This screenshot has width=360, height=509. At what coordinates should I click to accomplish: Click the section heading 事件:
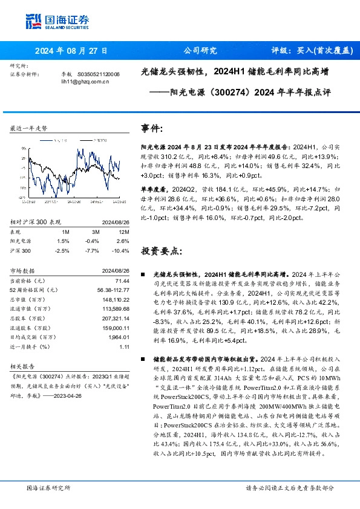[152, 128]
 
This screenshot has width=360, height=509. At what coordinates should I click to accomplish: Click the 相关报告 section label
[24, 366]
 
